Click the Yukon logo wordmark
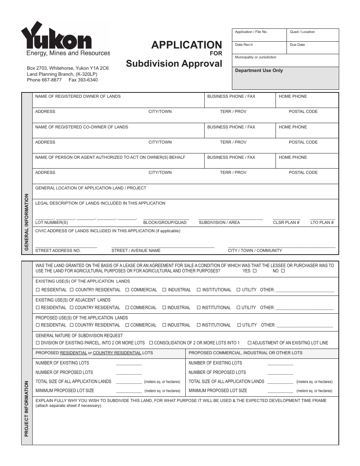56,37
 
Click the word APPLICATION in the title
186,45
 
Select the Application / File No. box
259,35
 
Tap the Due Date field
313,48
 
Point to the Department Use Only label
259,70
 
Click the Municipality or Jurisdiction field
285,60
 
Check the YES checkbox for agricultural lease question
255,271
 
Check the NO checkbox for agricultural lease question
283,271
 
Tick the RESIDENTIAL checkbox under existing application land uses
38,290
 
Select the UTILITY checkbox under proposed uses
239,325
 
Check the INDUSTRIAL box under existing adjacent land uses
164,308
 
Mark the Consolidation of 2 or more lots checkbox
151,343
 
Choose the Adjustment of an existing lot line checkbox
249,343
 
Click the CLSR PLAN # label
286,222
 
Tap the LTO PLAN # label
322,222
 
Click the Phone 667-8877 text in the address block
44,80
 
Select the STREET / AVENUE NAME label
136,250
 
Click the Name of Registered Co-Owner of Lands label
81,127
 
